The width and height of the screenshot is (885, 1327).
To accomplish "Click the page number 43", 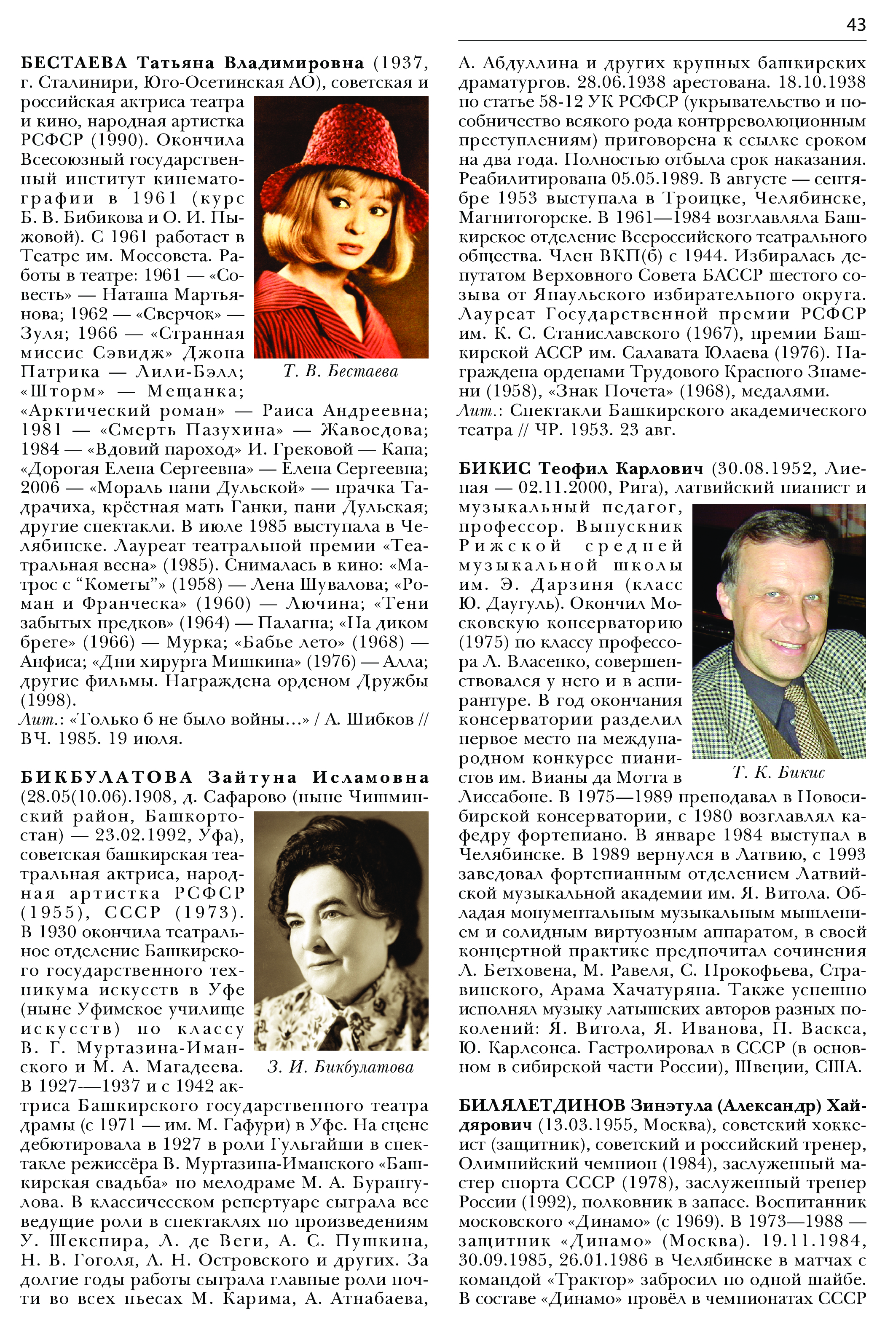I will click(855, 25).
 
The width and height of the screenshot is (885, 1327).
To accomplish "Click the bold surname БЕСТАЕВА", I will click(74, 63).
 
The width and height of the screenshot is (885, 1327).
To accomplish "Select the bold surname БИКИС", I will click(494, 468).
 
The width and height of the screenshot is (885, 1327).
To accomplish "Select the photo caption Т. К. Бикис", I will click(778, 772).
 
